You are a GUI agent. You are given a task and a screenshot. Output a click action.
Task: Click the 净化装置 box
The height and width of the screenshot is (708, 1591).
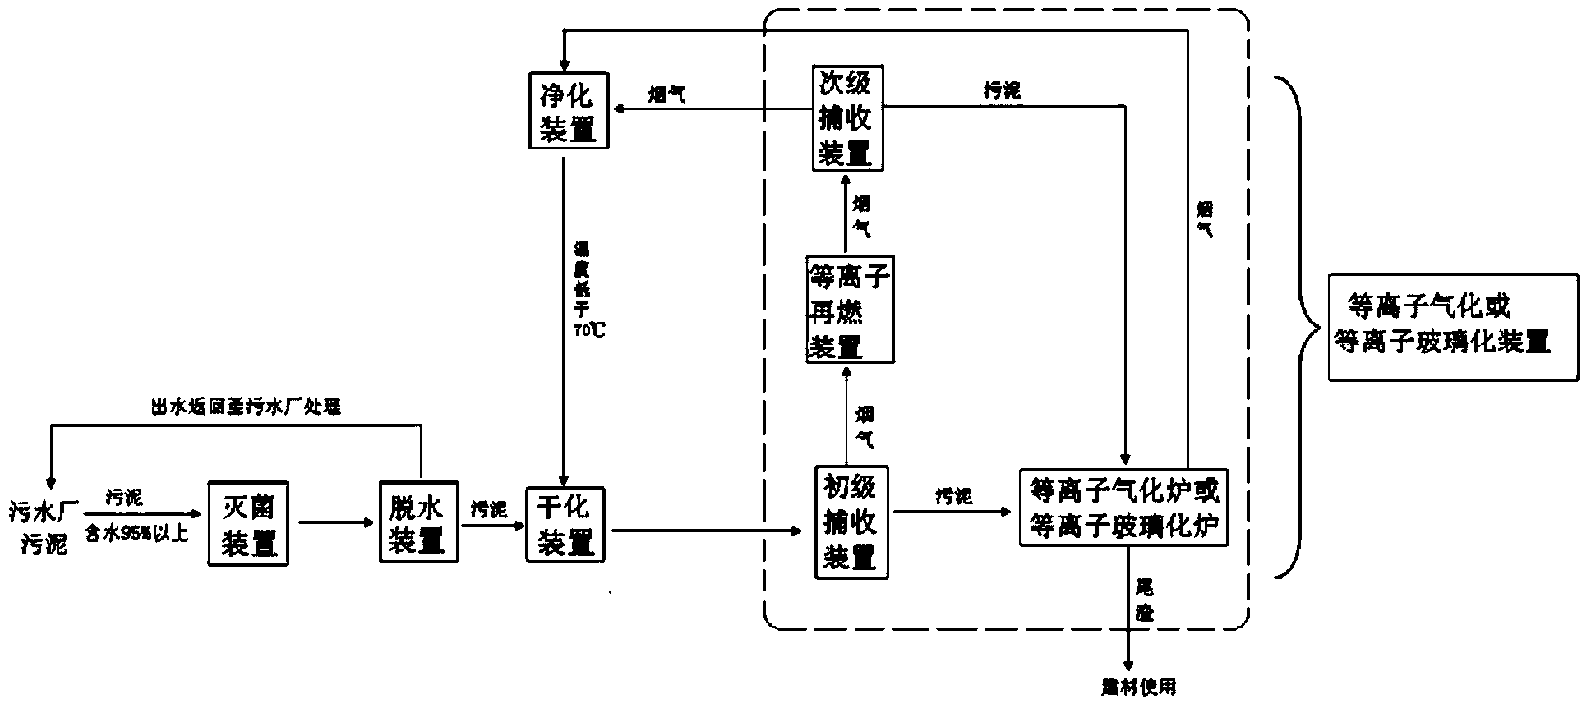(x=569, y=110)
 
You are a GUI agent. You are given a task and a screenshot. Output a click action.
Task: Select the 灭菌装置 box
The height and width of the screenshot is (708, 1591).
(x=248, y=523)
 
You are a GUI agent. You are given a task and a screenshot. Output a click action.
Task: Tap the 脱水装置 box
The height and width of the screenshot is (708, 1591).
(x=418, y=523)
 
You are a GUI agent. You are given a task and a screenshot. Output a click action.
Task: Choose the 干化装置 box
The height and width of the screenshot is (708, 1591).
(x=565, y=524)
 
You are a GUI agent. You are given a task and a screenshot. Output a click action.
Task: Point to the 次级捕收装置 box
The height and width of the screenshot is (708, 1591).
(x=847, y=117)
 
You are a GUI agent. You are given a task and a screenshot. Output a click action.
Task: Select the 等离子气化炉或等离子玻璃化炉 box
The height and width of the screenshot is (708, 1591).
(x=1123, y=507)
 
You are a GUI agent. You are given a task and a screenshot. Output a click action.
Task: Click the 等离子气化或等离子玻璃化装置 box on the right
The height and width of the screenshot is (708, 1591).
(x=1453, y=327)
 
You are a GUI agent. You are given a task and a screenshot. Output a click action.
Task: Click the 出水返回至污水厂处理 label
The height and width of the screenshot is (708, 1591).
(x=246, y=406)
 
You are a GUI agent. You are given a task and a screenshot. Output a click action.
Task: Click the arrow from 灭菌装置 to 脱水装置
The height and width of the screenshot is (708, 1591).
(x=334, y=522)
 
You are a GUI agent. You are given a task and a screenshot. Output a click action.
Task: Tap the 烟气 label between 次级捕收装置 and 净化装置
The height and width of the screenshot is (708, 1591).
(x=666, y=95)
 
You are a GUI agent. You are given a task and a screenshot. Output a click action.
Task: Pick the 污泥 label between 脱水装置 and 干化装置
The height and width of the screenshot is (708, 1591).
(x=488, y=509)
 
